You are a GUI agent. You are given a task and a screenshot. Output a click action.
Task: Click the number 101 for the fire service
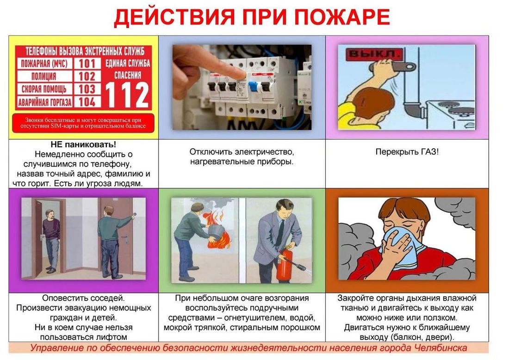pyautogui.click(x=87, y=63)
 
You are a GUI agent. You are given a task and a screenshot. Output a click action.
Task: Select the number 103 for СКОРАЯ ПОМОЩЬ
pyautogui.click(x=87, y=89)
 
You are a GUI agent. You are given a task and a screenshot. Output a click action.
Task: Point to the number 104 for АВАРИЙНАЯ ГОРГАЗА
pyautogui.click(x=87, y=101)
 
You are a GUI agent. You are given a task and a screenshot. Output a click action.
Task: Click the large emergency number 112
pyautogui.click(x=127, y=95)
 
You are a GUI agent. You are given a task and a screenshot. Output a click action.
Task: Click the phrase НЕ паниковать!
pyautogui.click(x=83, y=145)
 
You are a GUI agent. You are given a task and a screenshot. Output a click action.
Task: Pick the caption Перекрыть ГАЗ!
pyautogui.click(x=407, y=152)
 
